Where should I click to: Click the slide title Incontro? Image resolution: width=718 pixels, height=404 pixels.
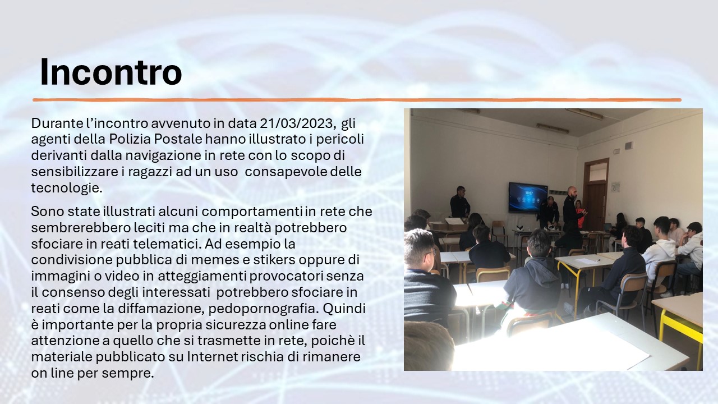(x=111, y=72)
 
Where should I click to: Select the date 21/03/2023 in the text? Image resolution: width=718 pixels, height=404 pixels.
(x=298, y=123)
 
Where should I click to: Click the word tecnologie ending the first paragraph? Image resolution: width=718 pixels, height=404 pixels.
(x=67, y=188)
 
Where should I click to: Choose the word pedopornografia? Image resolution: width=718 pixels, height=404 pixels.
(x=264, y=309)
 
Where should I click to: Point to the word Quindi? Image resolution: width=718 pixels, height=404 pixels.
(x=344, y=309)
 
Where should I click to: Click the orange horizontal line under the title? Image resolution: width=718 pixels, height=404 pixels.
(x=357, y=100)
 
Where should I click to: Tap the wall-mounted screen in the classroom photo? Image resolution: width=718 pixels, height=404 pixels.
(x=528, y=197)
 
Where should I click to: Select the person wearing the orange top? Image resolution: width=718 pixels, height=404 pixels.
(x=579, y=214)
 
